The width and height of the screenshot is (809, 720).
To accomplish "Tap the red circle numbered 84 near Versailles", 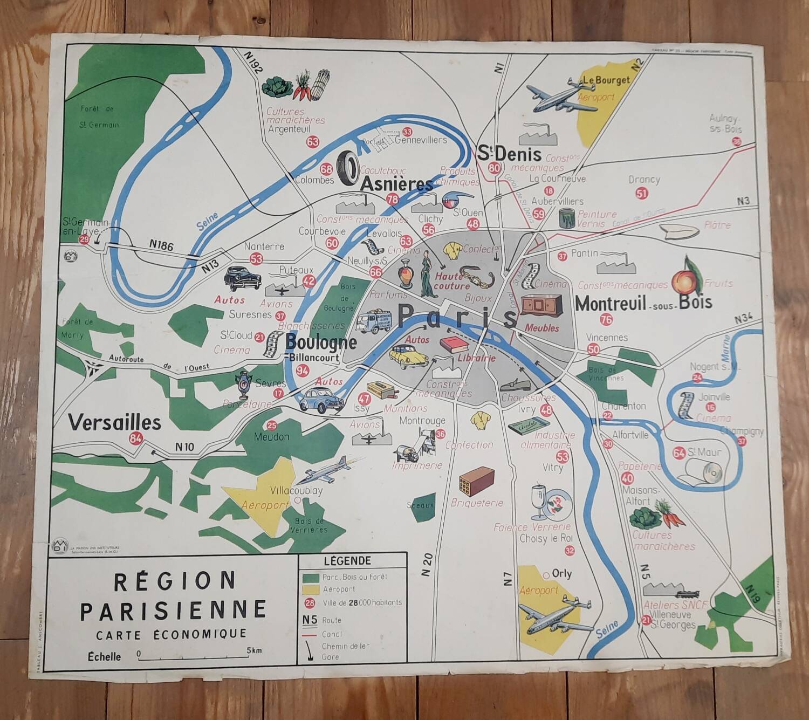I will click(x=136, y=439).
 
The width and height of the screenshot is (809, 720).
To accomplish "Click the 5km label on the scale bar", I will click(x=255, y=650).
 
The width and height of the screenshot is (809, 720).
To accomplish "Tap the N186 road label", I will click(x=162, y=246).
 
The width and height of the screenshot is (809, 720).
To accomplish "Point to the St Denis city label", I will click(x=509, y=154).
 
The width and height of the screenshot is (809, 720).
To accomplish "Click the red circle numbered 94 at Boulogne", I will click(x=303, y=371).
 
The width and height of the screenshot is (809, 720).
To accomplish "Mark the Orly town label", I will click(x=561, y=574).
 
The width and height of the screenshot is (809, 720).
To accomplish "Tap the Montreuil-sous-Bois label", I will click(x=643, y=304).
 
